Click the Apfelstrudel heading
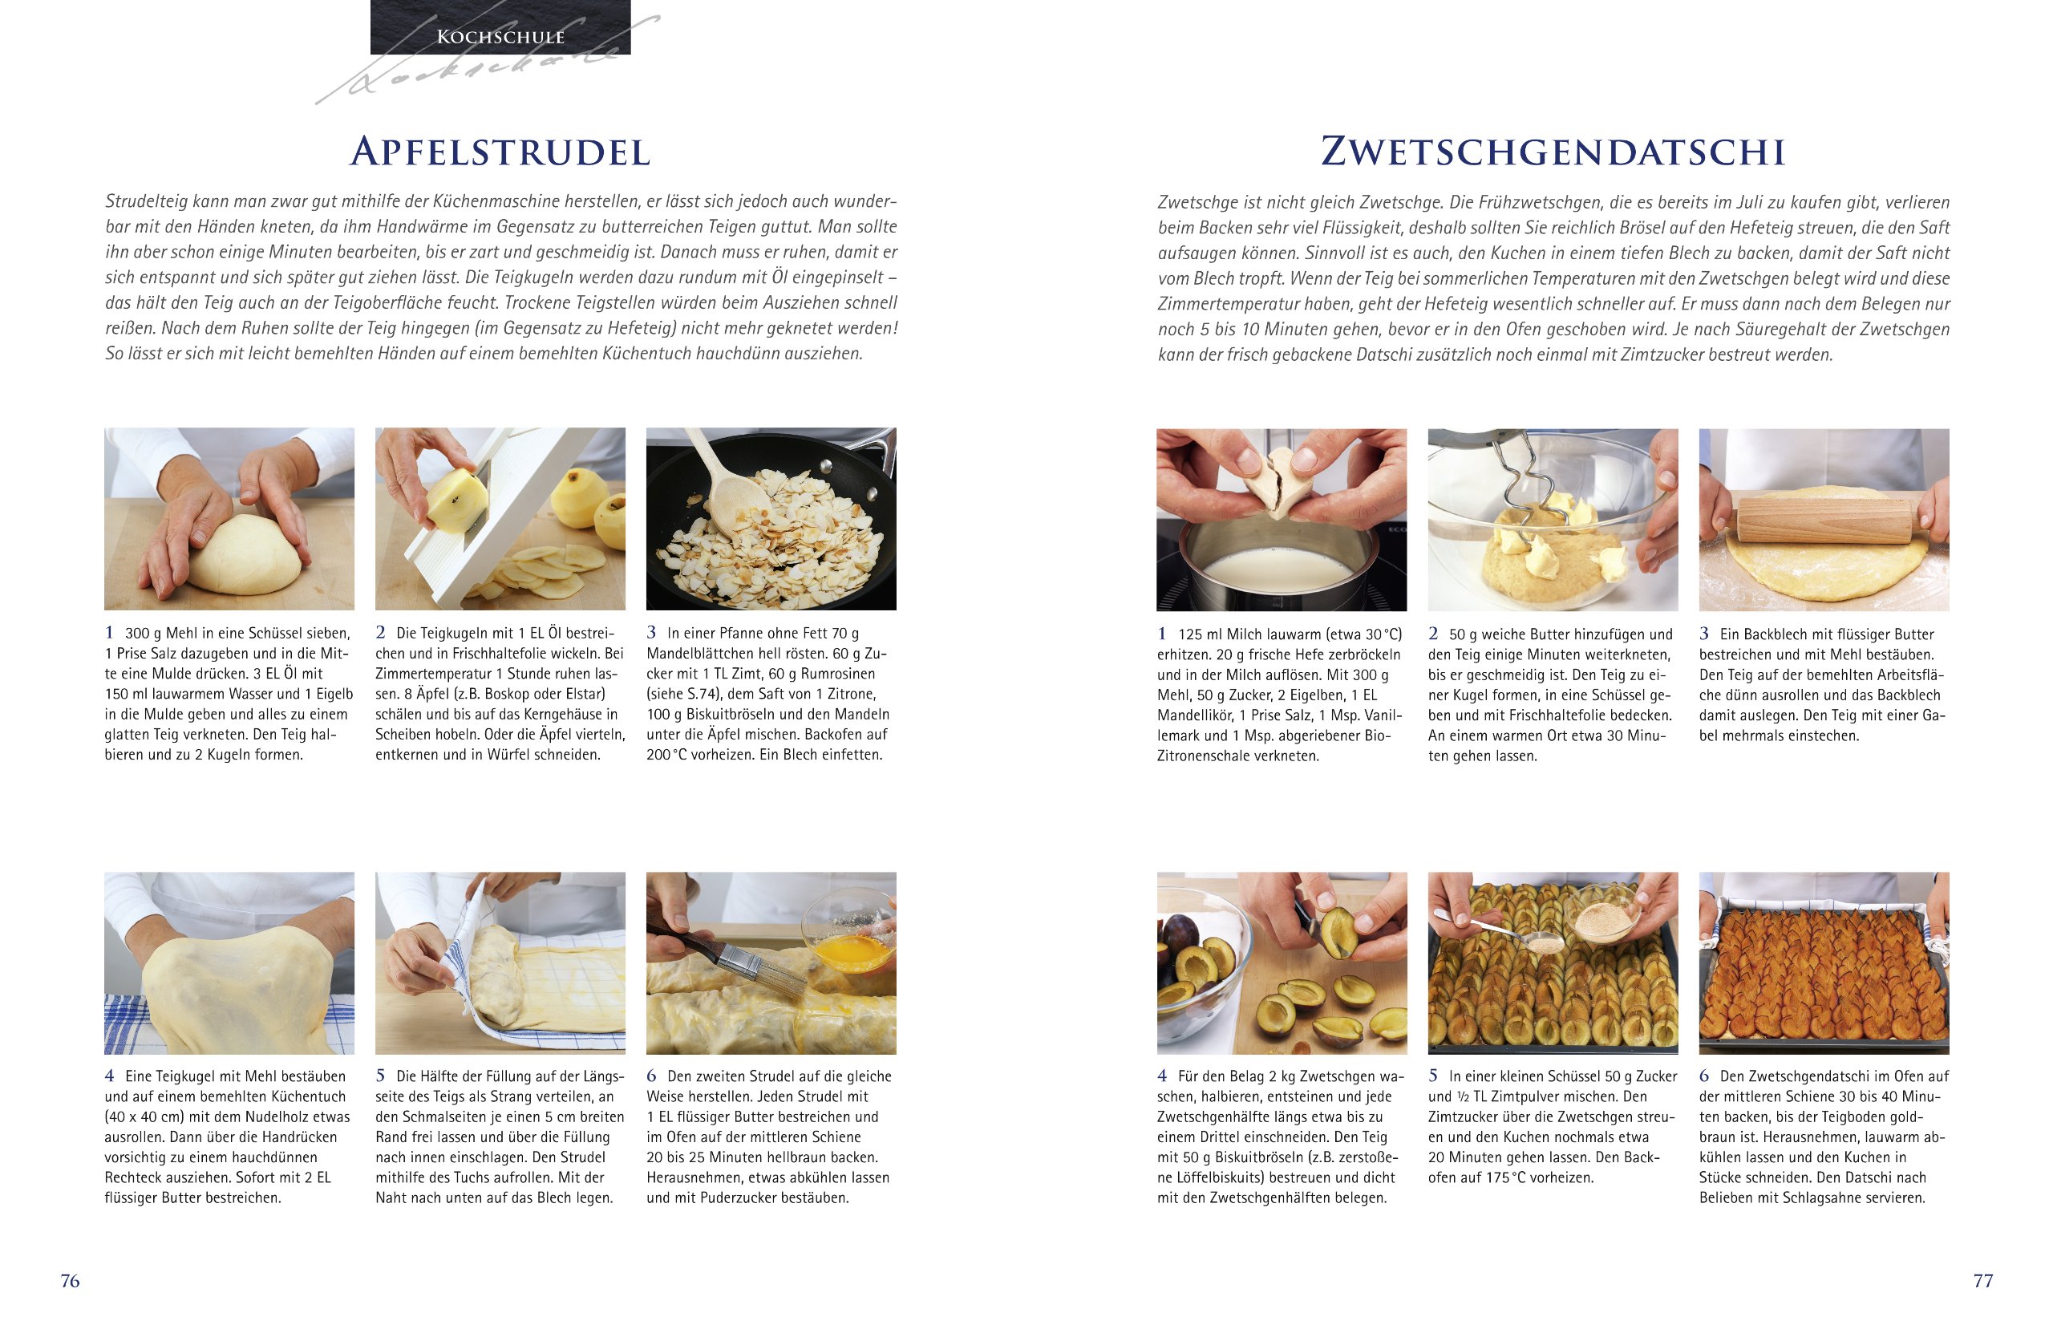pos(500,152)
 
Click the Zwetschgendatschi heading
pos(1553,152)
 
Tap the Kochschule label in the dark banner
pos(500,36)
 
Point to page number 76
pos(70,1281)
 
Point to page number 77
pos(1983,1281)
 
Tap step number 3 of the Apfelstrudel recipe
pos(651,633)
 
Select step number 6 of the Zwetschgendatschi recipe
pos(1703,1076)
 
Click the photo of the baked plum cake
pos(1824,963)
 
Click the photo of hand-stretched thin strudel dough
pos(229,963)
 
